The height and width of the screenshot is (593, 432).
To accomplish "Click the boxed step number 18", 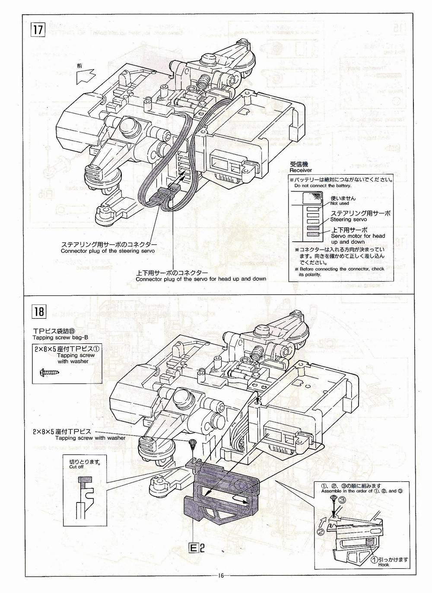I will click(38, 311).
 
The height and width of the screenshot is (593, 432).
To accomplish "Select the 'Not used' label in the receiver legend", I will click(340, 203).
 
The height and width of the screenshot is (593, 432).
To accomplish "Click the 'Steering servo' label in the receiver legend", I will click(349, 220).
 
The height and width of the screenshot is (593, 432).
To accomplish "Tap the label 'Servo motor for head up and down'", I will click(358, 238).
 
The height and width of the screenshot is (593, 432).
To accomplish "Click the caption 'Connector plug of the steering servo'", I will click(108, 251).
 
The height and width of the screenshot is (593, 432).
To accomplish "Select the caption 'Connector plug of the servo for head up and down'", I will click(200, 279).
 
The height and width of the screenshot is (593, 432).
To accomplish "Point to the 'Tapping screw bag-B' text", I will click(60, 337).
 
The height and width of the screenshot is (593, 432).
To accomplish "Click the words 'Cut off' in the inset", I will click(76, 467).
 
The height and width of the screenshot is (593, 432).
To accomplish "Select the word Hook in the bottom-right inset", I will click(384, 565).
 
